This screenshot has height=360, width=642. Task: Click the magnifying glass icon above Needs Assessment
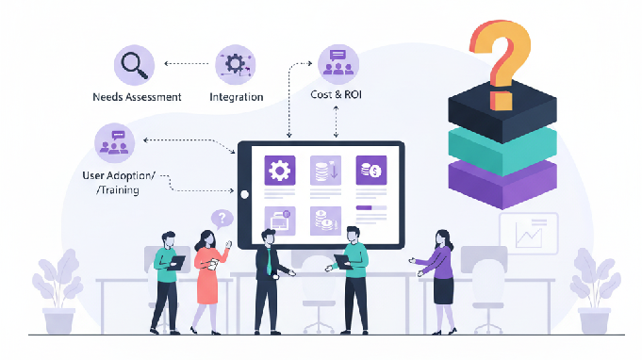(x=134, y=65)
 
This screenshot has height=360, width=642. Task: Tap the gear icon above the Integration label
(x=235, y=63)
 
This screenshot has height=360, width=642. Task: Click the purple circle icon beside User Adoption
(x=115, y=142)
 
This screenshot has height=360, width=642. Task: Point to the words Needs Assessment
(x=137, y=97)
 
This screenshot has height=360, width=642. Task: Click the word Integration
(x=236, y=97)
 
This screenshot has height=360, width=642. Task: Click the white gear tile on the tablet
(x=279, y=171)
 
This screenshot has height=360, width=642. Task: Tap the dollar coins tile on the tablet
(x=370, y=171)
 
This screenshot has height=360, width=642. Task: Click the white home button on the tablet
(x=244, y=196)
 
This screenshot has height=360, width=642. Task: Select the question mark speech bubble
(x=222, y=220)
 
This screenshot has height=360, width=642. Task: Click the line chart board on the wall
(x=529, y=233)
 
